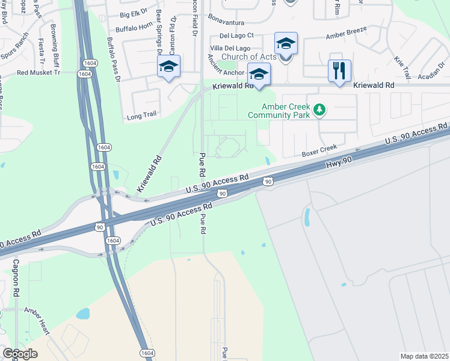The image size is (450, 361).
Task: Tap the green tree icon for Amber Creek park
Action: point(321,110)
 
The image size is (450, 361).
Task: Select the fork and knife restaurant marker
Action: point(339,71)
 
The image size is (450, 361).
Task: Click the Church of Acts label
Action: point(249,57)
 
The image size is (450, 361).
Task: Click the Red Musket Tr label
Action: point(39,72)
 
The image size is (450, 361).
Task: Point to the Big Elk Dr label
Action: point(134,14)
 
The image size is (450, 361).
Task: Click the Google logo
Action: point(20,354)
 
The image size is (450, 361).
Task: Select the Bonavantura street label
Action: point(227,20)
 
